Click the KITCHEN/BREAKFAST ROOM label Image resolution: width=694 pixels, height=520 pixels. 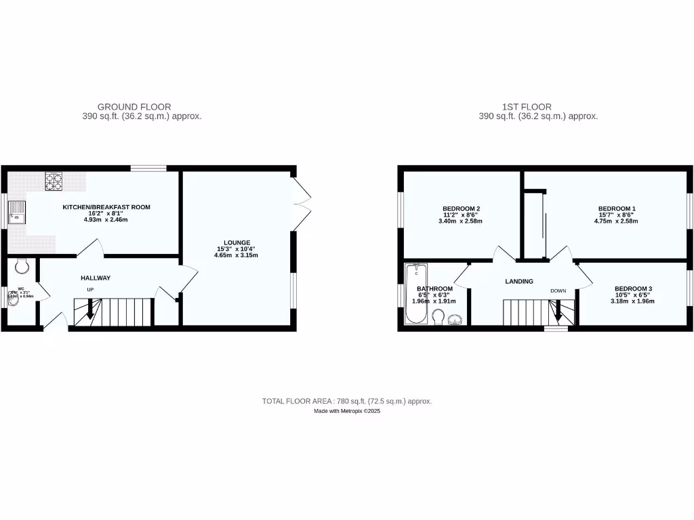(106, 207)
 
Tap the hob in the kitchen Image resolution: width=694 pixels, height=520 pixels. (54, 181)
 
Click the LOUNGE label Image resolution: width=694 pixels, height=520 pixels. (238, 242)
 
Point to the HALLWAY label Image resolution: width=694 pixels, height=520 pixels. (96, 278)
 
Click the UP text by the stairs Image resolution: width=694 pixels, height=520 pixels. (89, 290)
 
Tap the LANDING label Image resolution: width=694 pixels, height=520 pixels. (519, 282)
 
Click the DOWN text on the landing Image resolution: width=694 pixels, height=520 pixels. (558, 291)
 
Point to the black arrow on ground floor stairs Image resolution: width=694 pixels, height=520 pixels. (89, 312)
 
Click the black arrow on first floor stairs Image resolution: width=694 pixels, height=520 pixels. (558, 313)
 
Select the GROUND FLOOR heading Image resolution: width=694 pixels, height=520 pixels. (134, 107)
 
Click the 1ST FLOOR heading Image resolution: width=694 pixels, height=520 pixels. (527, 107)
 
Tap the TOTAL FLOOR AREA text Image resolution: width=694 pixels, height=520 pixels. (347, 402)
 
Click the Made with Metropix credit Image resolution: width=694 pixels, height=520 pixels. (347, 412)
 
